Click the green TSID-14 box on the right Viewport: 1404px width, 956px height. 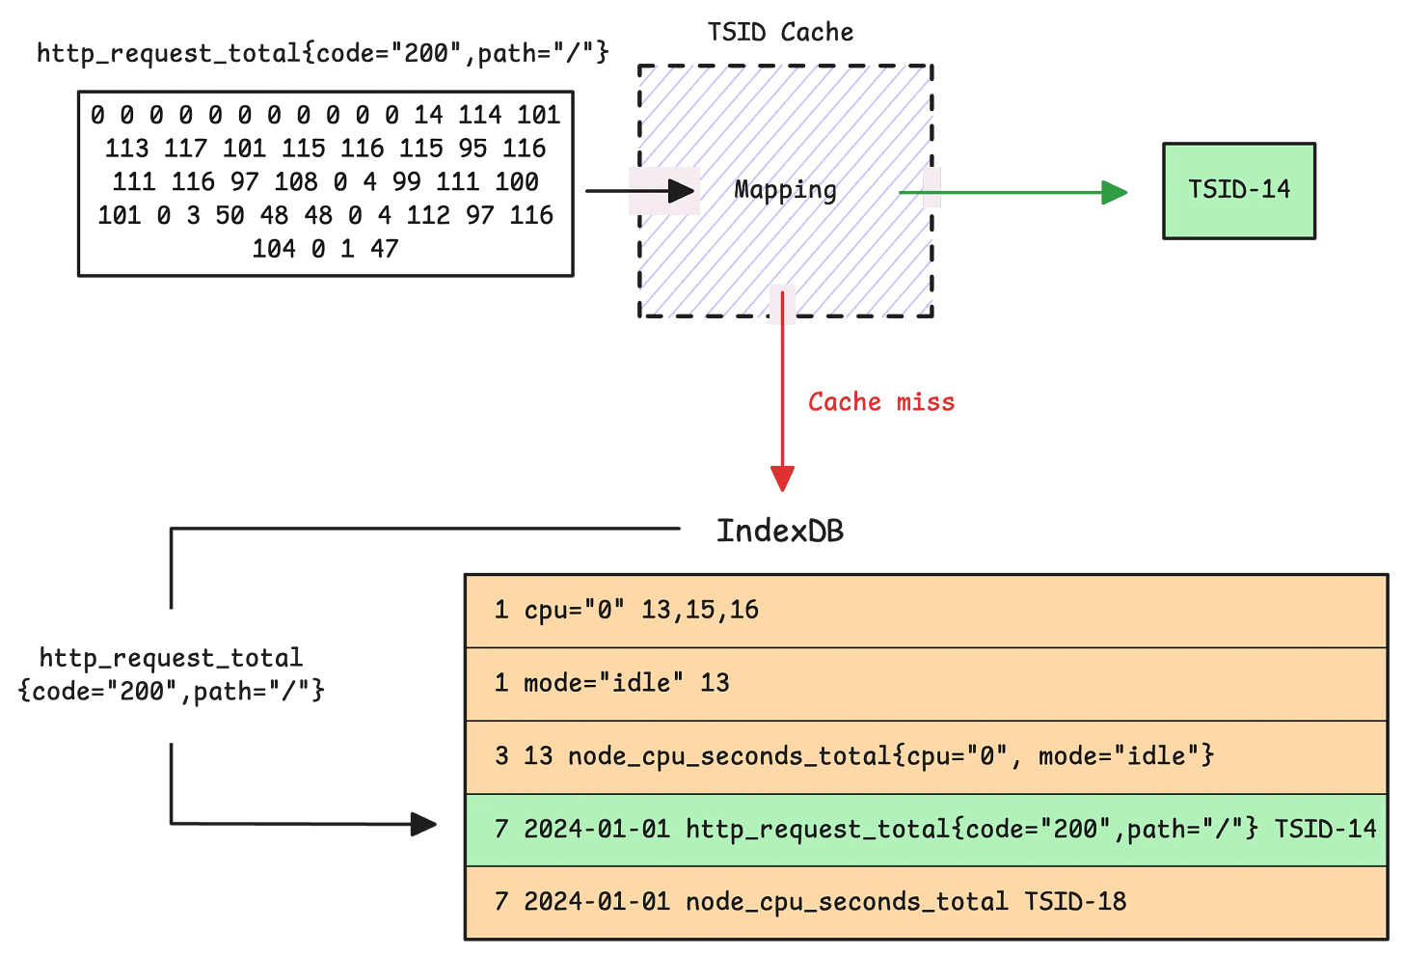[x=1239, y=190]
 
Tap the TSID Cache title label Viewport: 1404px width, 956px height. [x=780, y=33]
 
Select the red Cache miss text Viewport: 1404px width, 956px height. [x=880, y=402]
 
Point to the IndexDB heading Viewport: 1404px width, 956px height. [x=779, y=531]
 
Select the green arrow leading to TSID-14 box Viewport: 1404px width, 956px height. [x=1012, y=193]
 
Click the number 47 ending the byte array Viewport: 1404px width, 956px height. [x=384, y=249]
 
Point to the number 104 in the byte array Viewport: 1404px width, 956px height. [x=274, y=249]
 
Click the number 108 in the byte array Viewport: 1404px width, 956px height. [x=295, y=182]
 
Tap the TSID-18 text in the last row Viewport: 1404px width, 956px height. [x=1075, y=902]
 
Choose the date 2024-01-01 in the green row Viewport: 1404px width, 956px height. [x=597, y=830]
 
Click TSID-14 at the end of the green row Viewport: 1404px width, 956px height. [x=1325, y=830]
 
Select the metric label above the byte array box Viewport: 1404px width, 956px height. [x=323, y=53]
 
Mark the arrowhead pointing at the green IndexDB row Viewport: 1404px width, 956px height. [x=424, y=825]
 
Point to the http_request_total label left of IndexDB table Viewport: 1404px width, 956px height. [x=172, y=674]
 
